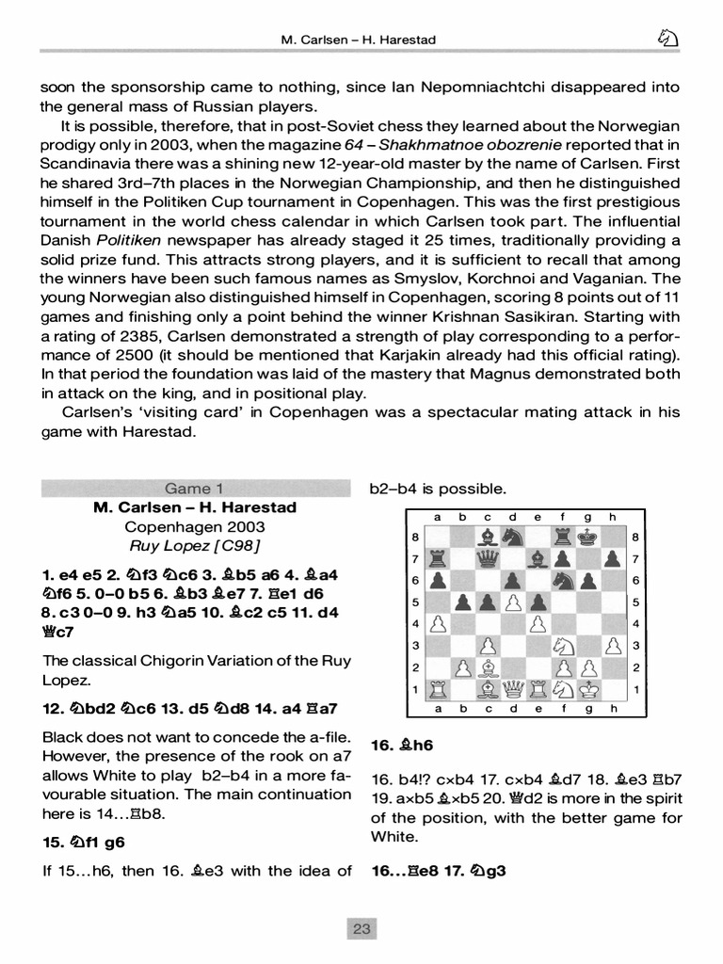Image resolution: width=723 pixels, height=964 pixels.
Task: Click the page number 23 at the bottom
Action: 361,929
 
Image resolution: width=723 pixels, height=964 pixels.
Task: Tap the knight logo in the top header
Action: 667,39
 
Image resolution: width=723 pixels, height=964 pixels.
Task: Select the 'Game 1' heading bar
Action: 194,488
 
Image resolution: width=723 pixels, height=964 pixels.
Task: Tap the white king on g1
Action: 586,690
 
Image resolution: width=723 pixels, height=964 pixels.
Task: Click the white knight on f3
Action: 562,647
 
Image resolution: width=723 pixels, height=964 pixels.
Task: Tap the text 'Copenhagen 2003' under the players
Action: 194,527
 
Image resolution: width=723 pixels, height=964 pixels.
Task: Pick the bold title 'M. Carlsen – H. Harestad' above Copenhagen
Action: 194,507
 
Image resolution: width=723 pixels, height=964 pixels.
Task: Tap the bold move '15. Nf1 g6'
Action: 84,842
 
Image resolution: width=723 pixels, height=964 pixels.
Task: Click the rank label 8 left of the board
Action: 415,538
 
